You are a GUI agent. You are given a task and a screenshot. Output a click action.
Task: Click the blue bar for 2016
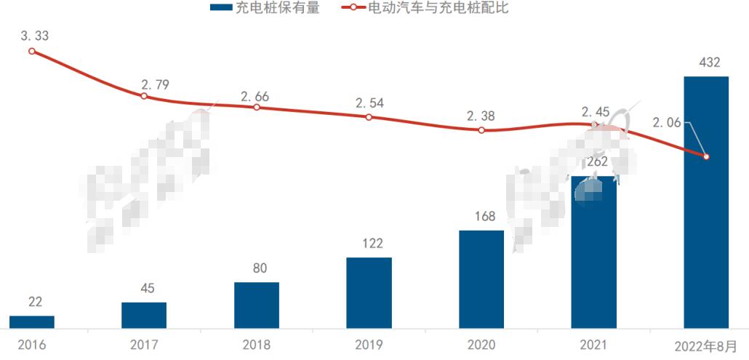pyautogui.click(x=31, y=321)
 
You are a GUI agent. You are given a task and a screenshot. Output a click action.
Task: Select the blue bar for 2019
pyautogui.click(x=369, y=292)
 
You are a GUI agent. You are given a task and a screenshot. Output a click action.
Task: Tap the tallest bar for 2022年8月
pyautogui.click(x=706, y=202)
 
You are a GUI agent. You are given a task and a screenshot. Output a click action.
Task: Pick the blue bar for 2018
pyautogui.click(x=257, y=305)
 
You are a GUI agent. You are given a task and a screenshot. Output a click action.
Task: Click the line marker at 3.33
pyautogui.click(x=31, y=51)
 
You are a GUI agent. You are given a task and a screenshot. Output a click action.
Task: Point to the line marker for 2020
pyautogui.click(x=481, y=130)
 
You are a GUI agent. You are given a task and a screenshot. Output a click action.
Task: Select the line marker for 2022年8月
pyautogui.click(x=706, y=156)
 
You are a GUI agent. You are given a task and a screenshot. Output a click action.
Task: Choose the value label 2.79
pyautogui.click(x=154, y=84)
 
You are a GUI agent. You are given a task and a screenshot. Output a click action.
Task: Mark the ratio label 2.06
pyautogui.click(x=666, y=123)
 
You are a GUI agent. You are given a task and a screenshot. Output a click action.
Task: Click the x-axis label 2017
pyautogui.click(x=144, y=345)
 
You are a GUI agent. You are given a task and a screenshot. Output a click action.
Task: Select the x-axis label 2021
pyautogui.click(x=593, y=345)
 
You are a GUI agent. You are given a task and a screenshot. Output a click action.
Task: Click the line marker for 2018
pyautogui.click(x=257, y=107)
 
